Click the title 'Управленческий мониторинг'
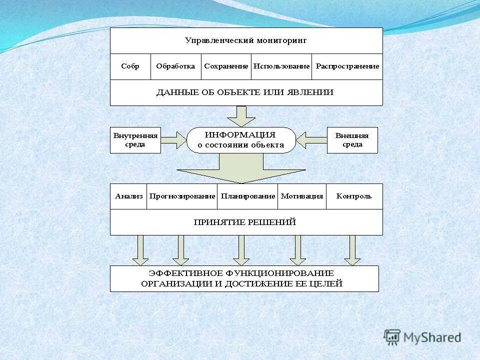(246, 40)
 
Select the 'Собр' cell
(130, 66)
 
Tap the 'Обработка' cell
(175, 66)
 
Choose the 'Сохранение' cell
(226, 66)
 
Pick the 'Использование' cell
(281, 66)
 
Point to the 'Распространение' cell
(347, 66)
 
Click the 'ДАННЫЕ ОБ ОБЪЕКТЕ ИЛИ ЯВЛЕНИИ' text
(245, 92)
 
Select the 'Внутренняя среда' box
(135, 140)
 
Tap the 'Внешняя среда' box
(352, 140)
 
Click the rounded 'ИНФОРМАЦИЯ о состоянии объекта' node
(241, 140)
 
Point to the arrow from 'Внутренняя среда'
(174, 140)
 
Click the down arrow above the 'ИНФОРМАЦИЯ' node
(241, 116)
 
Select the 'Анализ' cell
(128, 196)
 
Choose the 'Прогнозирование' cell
(182, 196)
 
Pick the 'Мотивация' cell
(302, 196)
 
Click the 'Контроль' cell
(354, 196)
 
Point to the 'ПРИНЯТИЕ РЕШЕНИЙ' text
(245, 222)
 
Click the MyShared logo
(423, 337)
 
